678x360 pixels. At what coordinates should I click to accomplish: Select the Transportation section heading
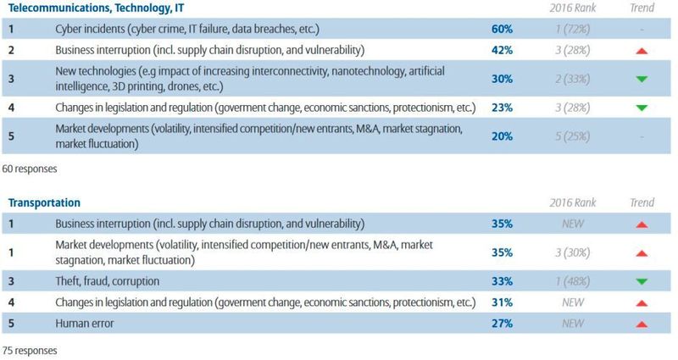pyautogui.click(x=44, y=203)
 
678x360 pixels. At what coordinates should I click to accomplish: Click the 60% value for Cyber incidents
pyautogui.click(x=502, y=30)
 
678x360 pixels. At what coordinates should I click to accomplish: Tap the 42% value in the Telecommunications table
pyautogui.click(x=502, y=49)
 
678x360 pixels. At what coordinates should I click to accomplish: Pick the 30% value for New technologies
pyautogui.click(x=502, y=78)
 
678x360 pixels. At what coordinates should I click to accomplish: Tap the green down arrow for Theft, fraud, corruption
pyautogui.click(x=642, y=281)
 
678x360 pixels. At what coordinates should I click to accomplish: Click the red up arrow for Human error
pyautogui.click(x=642, y=323)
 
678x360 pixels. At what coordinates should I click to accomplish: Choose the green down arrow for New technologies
pyautogui.click(x=642, y=79)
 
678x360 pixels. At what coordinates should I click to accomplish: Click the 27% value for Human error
pyautogui.click(x=502, y=322)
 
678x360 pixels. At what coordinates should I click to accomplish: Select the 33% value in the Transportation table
pyautogui.click(x=502, y=280)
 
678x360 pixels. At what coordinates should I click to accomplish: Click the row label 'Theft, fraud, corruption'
pyautogui.click(x=107, y=280)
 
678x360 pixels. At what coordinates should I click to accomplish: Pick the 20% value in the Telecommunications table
pyautogui.click(x=502, y=136)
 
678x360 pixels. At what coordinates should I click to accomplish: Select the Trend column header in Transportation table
pyautogui.click(x=642, y=204)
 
